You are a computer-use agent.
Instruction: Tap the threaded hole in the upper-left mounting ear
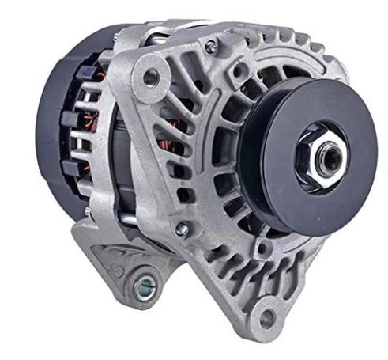(x=149, y=77)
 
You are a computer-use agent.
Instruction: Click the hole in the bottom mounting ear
(x=267, y=317)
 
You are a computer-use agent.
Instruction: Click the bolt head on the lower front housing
(x=183, y=229)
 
